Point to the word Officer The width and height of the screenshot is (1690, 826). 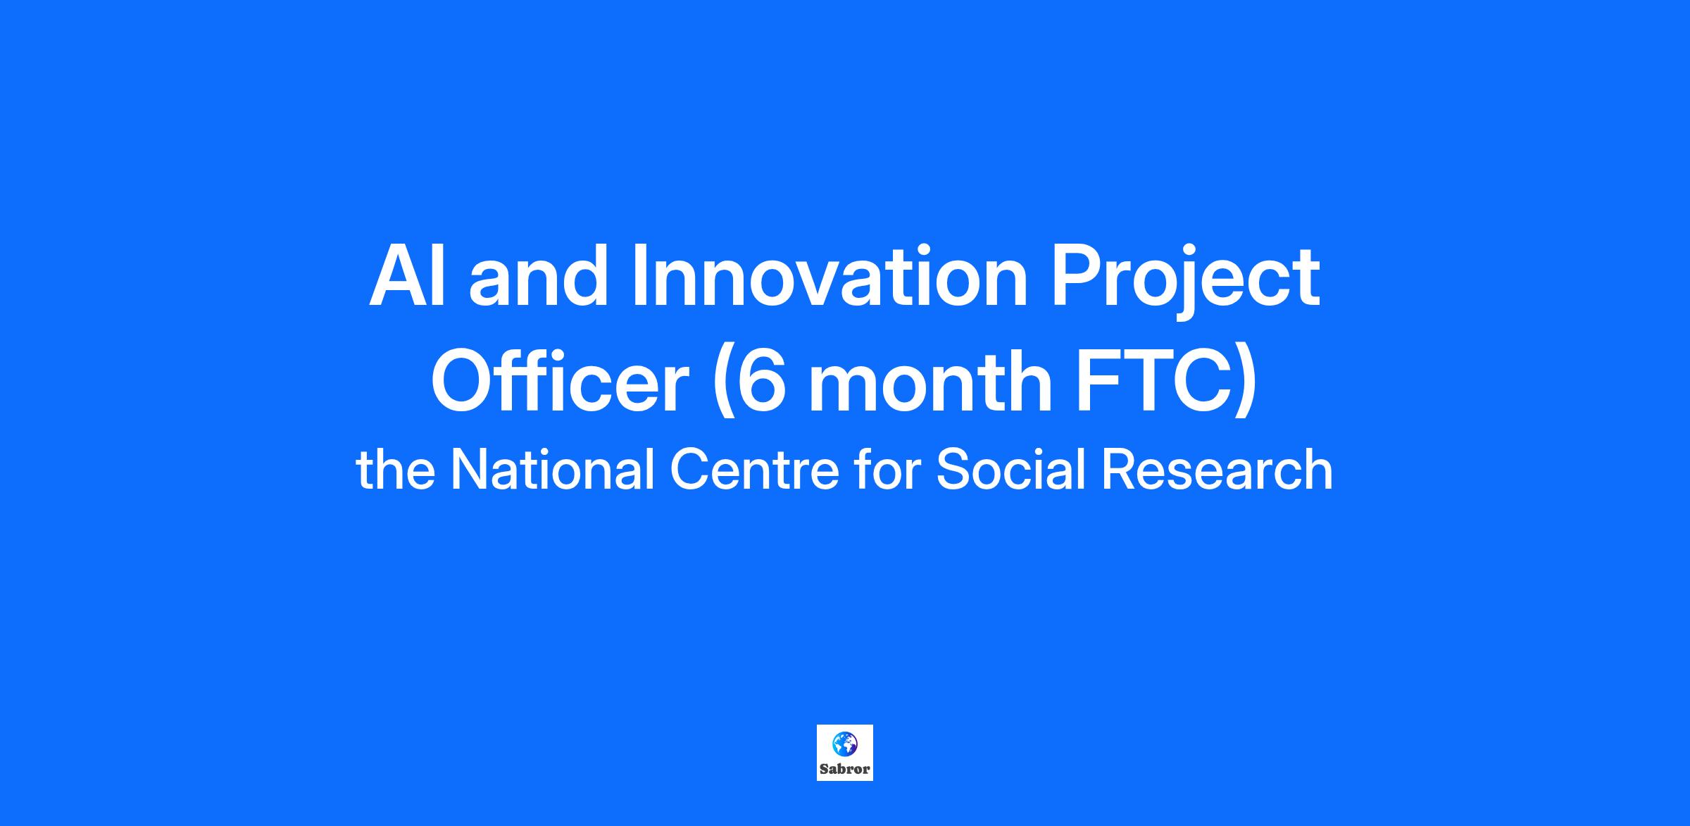tap(560, 380)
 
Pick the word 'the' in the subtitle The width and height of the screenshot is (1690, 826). tap(396, 470)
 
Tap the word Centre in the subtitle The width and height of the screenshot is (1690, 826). tap(754, 470)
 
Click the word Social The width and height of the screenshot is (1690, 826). tap(1010, 470)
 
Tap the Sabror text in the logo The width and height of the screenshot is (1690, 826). tap(845, 770)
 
